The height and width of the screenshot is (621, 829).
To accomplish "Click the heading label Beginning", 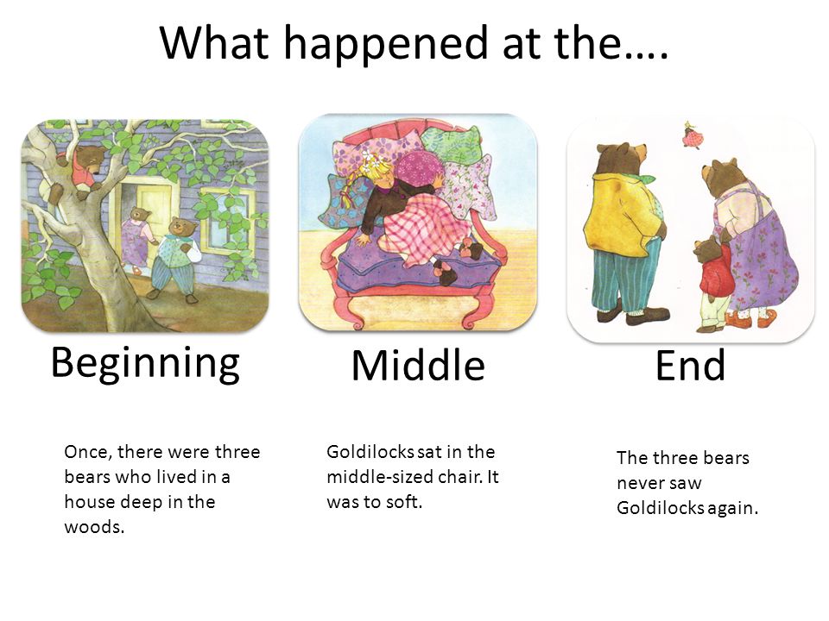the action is coord(145,363).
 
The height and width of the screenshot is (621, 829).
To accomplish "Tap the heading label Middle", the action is coord(418,365).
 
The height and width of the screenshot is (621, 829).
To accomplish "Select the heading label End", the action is coord(690,365).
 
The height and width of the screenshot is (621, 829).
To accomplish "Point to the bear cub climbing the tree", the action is coord(79,169).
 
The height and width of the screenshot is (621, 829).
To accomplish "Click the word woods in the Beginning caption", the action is coord(94,527).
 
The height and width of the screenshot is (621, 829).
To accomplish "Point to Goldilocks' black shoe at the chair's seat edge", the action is coord(445,273).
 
